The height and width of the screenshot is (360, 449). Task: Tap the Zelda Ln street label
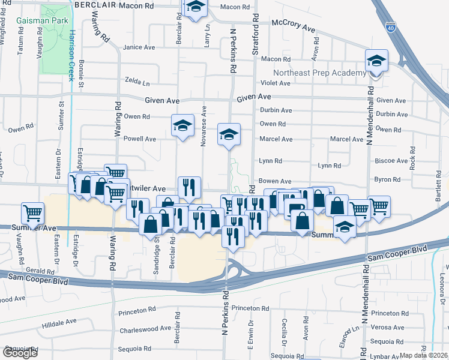point(137,79)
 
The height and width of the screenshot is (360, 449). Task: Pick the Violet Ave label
point(276,83)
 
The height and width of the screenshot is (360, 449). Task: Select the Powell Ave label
point(139,139)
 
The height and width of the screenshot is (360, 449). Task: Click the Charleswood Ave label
point(145,329)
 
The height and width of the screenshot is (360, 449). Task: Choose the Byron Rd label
point(387,179)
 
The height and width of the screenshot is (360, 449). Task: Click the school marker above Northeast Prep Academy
point(376,62)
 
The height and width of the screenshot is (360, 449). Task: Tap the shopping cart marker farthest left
point(33,213)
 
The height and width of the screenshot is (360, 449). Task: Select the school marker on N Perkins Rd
point(229,135)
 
